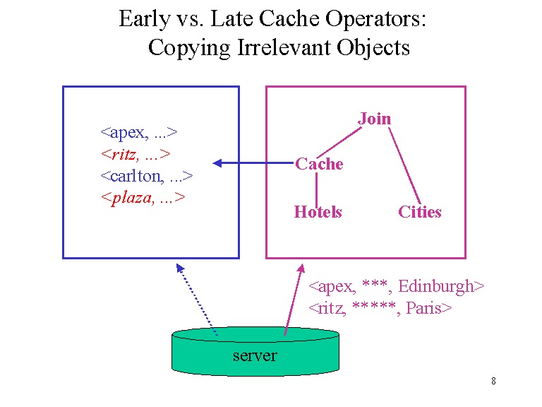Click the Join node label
[x=374, y=119]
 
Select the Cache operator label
[x=319, y=164]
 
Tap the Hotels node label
[x=318, y=212]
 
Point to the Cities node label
[x=419, y=212]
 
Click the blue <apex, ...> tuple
[x=138, y=132]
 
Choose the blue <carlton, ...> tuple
[x=146, y=176]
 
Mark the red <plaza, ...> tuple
[x=143, y=198]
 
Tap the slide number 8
[x=493, y=382]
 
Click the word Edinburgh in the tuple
[x=440, y=286]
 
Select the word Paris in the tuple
[x=428, y=308]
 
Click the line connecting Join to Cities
[x=404, y=166]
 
